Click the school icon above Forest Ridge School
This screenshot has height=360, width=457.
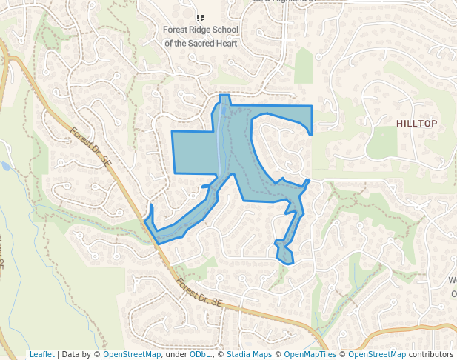[x=200, y=17]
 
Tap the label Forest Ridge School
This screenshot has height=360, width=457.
[x=201, y=31]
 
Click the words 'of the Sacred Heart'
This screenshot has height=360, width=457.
[x=201, y=44]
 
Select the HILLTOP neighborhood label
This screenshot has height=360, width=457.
[x=416, y=123]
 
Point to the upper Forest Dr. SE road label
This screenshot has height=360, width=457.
[x=92, y=145]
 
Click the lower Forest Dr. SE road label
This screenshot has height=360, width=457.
[x=199, y=292]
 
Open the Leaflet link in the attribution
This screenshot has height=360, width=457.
[x=42, y=354]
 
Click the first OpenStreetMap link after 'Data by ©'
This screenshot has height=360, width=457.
[x=132, y=354]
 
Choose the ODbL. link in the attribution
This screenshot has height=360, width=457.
[x=201, y=354]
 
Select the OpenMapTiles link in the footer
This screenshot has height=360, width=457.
[x=310, y=354]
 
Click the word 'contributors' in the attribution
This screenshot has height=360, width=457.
[x=431, y=354]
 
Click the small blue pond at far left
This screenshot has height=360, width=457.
[x=5, y=166]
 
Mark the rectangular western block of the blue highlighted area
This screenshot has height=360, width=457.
[x=195, y=152]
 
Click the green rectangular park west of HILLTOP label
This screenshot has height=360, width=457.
[x=382, y=142]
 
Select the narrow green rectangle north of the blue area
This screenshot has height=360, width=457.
[x=304, y=65]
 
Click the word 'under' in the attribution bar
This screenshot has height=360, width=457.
[x=175, y=354]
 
